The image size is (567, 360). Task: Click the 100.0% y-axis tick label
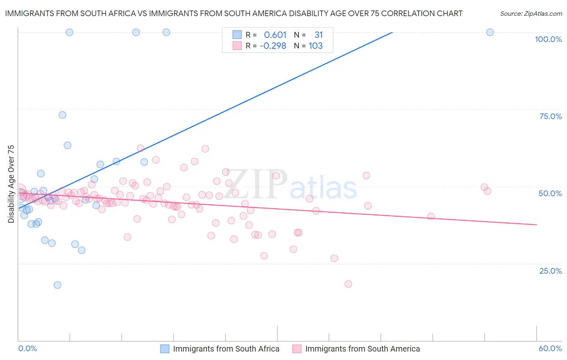click(x=548, y=39)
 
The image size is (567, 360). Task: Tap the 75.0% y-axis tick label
click(x=550, y=116)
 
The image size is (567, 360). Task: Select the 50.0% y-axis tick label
click(x=550, y=193)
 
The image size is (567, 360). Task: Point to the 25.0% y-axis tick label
click(x=550, y=271)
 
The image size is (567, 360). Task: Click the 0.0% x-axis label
click(x=27, y=348)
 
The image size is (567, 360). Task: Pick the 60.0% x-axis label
click(x=550, y=348)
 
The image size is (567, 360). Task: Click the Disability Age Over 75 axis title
click(x=11, y=184)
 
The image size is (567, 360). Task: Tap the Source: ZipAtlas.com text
click(x=531, y=13)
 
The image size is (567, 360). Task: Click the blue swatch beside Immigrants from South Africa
click(x=165, y=349)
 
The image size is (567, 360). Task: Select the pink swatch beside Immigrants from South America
click(x=297, y=349)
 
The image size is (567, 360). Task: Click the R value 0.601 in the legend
click(x=275, y=35)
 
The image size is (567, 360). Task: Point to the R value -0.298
click(x=273, y=46)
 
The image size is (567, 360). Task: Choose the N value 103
click(x=316, y=46)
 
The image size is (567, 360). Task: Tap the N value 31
click(x=319, y=35)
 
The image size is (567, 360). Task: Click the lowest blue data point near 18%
click(x=58, y=285)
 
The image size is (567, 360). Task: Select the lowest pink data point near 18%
click(x=348, y=284)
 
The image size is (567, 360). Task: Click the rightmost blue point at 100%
click(x=490, y=32)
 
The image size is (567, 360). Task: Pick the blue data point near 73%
click(x=63, y=115)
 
